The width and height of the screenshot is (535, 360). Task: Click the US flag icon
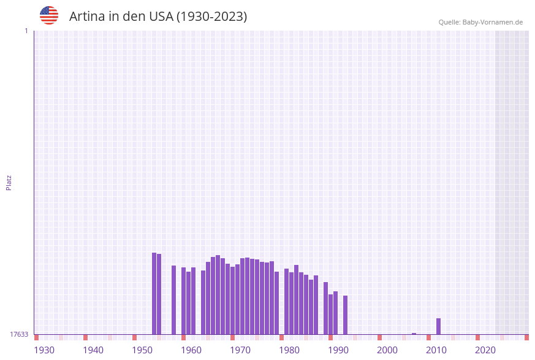coord(49,15)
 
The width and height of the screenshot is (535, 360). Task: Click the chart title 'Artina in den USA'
coord(158,17)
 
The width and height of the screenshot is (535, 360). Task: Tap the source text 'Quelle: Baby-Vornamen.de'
coord(480,22)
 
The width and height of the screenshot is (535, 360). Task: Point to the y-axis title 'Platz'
coord(9,182)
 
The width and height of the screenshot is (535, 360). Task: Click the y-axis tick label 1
coord(26,31)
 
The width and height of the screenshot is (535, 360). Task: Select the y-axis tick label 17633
coord(19,334)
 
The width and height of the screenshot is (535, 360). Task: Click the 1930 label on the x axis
coord(44,350)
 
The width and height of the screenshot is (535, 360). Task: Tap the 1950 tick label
coord(142,350)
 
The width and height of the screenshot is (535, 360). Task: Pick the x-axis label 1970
coord(240,350)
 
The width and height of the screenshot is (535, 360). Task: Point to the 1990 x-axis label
coord(338,350)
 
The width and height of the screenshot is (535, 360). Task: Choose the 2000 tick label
coord(387,350)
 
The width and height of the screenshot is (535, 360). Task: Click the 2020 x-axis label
coord(485,350)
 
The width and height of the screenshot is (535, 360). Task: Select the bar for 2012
coord(438,326)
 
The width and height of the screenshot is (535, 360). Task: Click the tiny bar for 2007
coord(414,334)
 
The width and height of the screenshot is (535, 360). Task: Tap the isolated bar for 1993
coord(345,315)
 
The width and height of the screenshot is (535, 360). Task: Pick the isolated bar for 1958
coord(173,300)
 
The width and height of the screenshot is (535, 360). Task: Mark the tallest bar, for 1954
coord(154,293)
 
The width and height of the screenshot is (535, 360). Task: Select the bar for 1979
coord(276,303)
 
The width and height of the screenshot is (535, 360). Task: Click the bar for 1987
coord(316,305)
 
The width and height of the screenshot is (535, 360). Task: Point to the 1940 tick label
coord(93,350)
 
